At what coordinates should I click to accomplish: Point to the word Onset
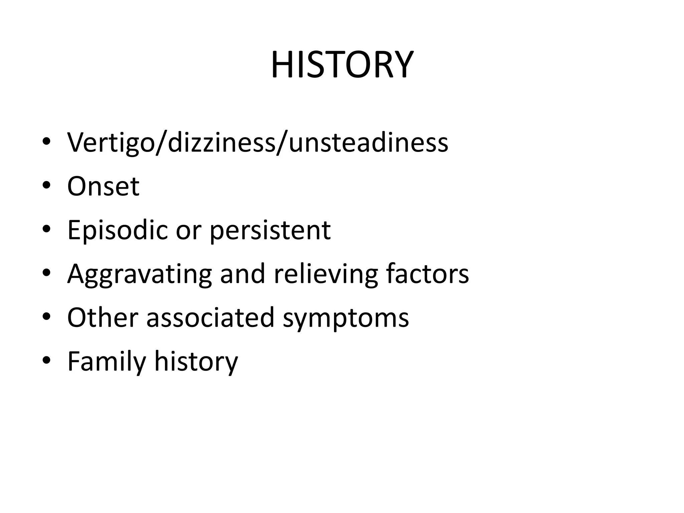103,186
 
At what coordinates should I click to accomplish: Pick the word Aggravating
140,274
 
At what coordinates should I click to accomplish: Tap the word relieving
326,274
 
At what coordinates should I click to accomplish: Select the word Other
103,317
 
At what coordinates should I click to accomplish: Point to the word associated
210,317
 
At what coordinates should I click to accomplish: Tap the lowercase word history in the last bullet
196,361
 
